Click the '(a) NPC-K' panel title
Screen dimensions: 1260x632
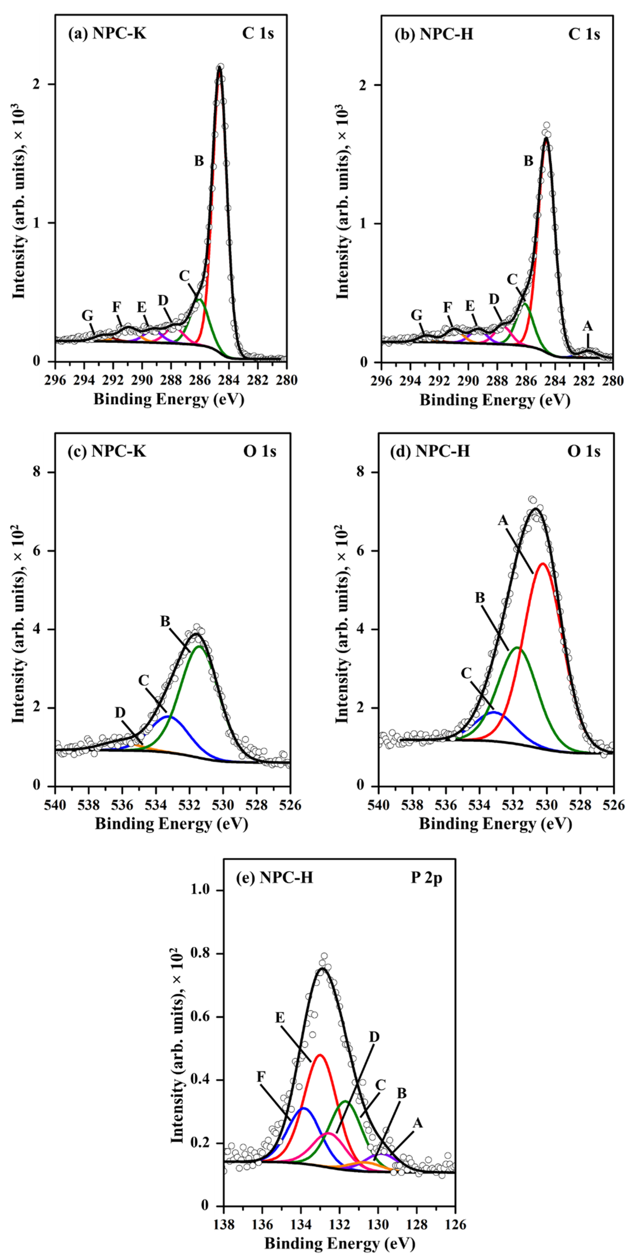coord(107,35)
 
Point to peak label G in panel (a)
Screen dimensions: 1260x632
coord(88,315)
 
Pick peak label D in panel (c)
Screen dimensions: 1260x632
coord(120,713)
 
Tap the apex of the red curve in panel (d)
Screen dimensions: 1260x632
coord(542,563)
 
